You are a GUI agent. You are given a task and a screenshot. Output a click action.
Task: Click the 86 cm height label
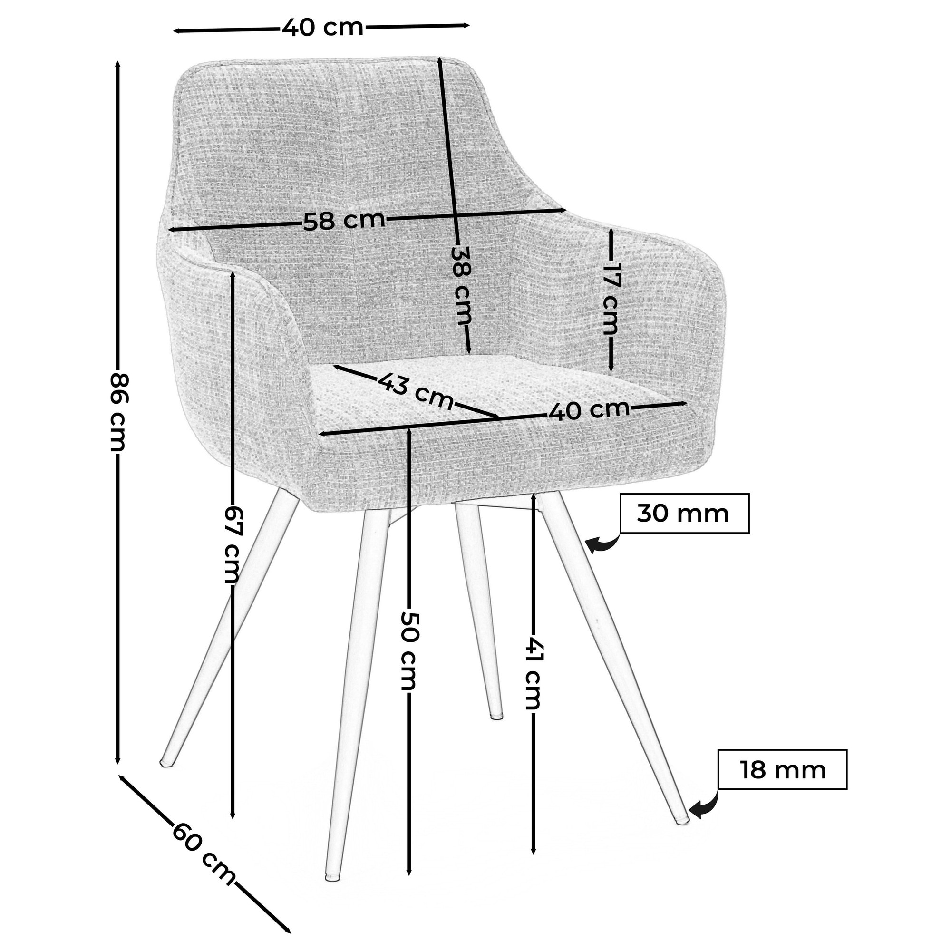(x=118, y=412)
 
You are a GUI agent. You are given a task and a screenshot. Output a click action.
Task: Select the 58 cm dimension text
(x=344, y=221)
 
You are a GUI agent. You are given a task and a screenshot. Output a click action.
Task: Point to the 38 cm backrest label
(x=462, y=285)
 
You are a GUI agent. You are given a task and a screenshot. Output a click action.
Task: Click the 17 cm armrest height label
(x=612, y=299)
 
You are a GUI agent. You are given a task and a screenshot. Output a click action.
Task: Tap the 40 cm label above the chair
(x=323, y=28)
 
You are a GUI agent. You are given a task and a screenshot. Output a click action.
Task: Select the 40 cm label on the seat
(x=589, y=410)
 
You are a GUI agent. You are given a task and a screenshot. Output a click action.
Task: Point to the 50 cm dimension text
(x=408, y=650)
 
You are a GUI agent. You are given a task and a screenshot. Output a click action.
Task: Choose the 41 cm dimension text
(x=533, y=674)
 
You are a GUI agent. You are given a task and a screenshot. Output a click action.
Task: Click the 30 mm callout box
(x=684, y=514)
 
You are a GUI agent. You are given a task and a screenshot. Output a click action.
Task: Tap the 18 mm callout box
(x=782, y=770)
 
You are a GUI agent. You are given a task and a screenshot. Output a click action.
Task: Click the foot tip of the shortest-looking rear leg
(x=497, y=717)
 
